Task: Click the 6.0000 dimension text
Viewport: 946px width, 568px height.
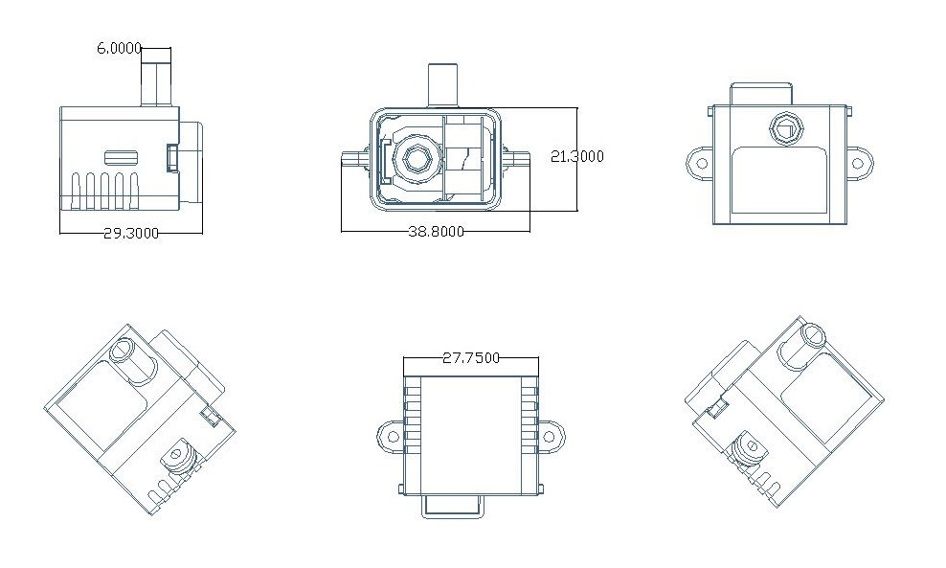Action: coord(119,48)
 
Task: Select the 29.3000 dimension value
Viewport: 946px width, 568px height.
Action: coord(131,233)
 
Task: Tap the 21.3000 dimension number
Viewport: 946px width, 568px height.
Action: coord(576,156)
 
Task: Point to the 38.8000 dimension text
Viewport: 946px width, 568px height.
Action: coord(437,231)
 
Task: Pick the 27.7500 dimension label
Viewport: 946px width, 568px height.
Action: coord(471,358)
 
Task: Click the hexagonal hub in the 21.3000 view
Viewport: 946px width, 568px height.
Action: coord(416,158)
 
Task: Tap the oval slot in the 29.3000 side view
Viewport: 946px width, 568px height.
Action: coord(122,157)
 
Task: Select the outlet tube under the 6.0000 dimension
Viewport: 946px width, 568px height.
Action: coord(156,78)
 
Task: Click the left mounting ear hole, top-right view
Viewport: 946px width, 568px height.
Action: coord(702,163)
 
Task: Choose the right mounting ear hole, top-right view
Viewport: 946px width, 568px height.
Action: coord(859,163)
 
